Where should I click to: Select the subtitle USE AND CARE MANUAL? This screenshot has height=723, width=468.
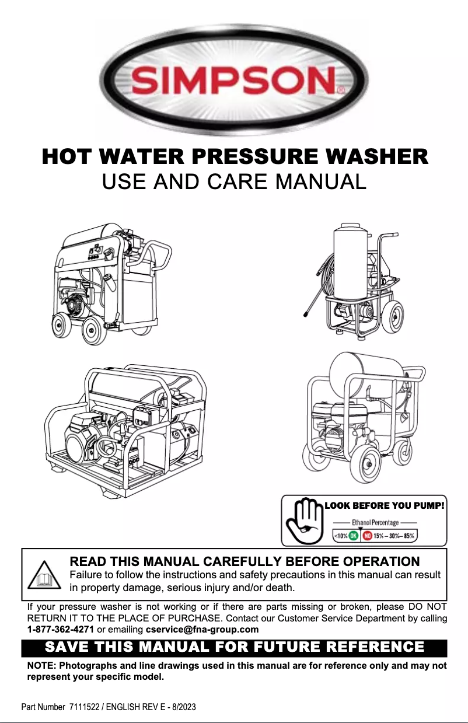coord(234,181)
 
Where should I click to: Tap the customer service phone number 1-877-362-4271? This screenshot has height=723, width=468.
coord(61,630)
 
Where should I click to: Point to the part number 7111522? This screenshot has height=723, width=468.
coord(86,707)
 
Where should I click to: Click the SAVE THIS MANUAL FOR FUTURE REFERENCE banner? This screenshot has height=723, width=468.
coord(234,647)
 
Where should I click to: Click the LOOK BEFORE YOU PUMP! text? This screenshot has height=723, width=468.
coord(385,505)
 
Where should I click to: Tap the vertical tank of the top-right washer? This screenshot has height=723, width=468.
coord(349,257)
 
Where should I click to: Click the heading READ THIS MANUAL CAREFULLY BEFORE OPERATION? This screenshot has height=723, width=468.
coord(244,561)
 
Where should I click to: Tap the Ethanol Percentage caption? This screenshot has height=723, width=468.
coord(375,522)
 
